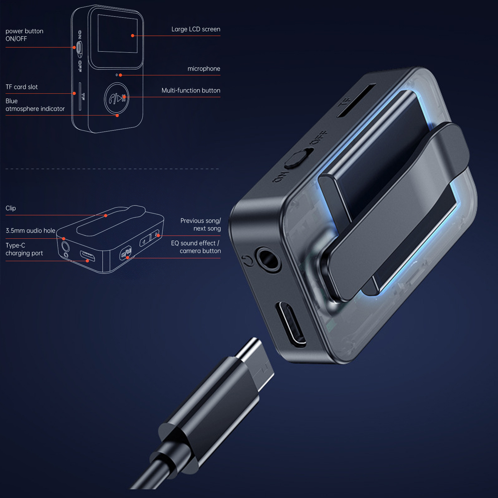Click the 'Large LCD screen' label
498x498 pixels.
196,29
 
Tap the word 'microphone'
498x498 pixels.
204,69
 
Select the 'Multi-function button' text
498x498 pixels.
191,91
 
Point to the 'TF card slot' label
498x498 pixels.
21,87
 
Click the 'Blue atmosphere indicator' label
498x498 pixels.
35,105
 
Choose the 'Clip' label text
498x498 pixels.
11,208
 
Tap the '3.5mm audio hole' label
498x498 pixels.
31,231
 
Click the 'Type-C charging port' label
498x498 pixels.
24,249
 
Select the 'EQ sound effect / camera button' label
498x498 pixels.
196,247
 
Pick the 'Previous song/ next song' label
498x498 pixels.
200,224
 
